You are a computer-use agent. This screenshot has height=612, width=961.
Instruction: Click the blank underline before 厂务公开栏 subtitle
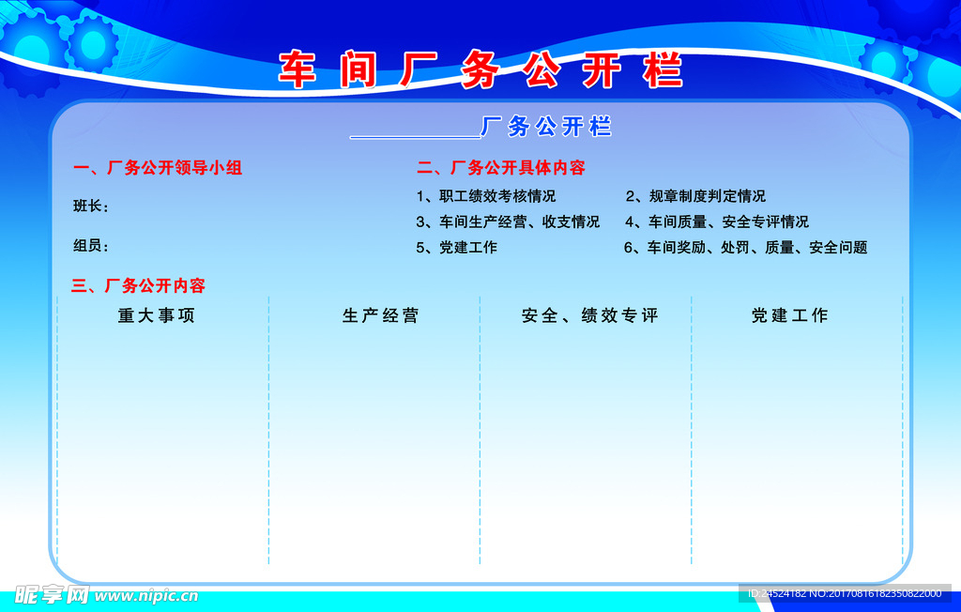[414, 136]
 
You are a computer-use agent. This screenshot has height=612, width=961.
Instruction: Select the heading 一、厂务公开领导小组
[158, 168]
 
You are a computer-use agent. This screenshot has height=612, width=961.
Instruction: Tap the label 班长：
[91, 207]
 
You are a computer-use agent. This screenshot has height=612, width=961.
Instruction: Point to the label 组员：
[91, 246]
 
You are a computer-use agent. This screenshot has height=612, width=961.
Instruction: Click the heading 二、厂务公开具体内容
[501, 168]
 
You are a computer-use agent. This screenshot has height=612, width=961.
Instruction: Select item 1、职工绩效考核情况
[486, 196]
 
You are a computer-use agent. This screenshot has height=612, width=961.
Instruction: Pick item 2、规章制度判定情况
[695, 196]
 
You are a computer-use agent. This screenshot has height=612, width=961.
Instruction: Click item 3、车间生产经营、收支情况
[508, 222]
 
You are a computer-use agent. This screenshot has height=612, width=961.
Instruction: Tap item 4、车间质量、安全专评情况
[717, 222]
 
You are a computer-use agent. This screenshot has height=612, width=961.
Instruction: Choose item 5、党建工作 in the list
[457, 248]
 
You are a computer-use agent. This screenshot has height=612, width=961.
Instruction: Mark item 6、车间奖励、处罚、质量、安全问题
[746, 248]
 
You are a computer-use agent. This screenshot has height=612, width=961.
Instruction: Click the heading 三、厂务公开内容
[139, 285]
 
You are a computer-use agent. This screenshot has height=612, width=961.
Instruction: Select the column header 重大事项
[157, 316]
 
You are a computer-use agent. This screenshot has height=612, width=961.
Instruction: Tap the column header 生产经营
[380, 316]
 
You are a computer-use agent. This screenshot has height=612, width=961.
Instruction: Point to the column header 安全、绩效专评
[590, 316]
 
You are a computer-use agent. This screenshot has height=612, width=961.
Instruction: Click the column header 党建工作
[789, 316]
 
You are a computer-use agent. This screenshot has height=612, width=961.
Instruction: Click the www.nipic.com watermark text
[146, 595]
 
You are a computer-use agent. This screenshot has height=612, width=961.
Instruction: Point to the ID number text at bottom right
[844, 594]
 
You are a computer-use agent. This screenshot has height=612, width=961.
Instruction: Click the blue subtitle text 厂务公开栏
[546, 127]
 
